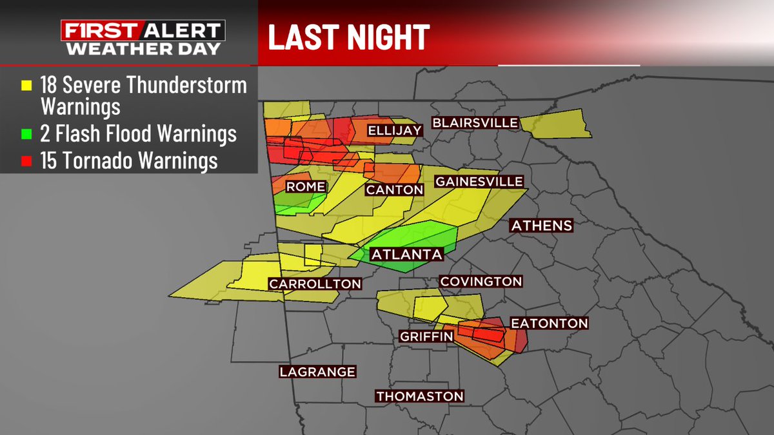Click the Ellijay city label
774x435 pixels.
pos(394,131)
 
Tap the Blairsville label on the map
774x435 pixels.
pos(475,122)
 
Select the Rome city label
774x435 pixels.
pos(305,187)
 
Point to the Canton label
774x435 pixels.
pos(394,189)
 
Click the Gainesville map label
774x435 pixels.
pos(478,182)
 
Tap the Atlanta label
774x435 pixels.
pos(406,255)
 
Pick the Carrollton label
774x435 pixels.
pos(315,284)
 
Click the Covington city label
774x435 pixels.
pos(480,282)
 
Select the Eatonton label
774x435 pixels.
pos(549,324)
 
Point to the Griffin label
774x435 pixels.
pos(426,335)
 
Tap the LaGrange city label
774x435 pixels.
pos(317,372)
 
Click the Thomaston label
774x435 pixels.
pos(420,396)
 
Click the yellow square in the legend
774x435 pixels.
pos(26,85)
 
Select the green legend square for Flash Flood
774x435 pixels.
pos(26,134)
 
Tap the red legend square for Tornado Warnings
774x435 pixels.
pos(26,161)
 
